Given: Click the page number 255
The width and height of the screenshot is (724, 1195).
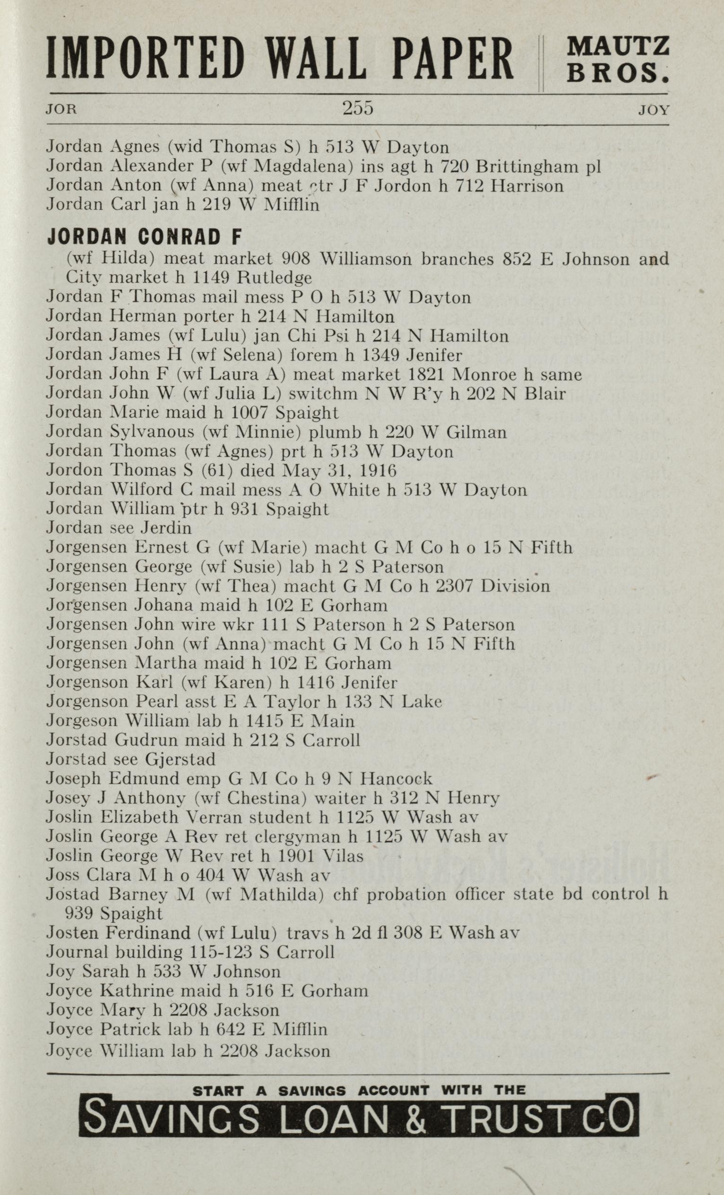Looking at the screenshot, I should click(x=357, y=108).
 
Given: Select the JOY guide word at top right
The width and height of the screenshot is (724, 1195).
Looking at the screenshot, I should click(x=654, y=110).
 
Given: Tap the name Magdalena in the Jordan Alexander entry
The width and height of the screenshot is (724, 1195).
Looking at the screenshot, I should click(x=303, y=166).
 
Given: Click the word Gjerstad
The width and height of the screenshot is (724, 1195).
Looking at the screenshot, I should click(x=179, y=759).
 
